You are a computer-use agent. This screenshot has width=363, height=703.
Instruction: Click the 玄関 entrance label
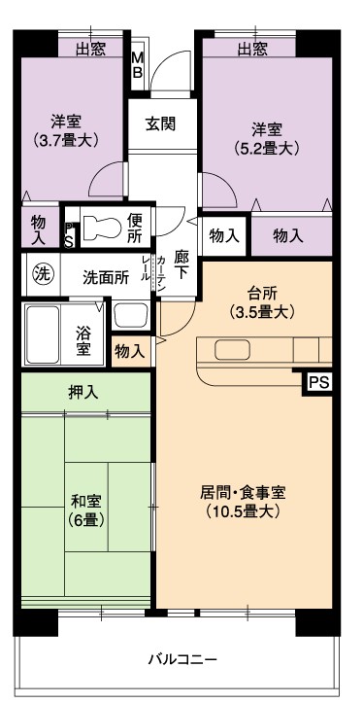160,123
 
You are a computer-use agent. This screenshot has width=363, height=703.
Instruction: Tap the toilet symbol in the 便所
102,226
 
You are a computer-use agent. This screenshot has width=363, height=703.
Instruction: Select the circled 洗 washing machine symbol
42,273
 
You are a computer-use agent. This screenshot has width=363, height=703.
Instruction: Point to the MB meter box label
138,65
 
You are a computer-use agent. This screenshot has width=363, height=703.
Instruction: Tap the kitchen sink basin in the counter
232,350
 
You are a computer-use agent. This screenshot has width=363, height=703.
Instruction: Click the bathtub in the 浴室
43,334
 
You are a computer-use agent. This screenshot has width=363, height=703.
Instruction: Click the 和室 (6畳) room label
86,510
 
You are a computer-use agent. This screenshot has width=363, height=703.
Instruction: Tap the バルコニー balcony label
183,659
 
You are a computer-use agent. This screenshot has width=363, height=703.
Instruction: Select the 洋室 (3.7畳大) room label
65,130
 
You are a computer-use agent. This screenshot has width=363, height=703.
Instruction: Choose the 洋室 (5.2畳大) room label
267,139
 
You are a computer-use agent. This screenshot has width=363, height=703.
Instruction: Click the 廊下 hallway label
181,265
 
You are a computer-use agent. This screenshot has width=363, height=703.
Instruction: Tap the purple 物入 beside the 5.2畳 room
288,235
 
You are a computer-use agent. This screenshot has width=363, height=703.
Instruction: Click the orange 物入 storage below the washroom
130,352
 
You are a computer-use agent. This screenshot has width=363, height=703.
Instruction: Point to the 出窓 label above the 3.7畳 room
90,50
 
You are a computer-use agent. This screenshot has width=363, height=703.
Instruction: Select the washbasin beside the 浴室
130,316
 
